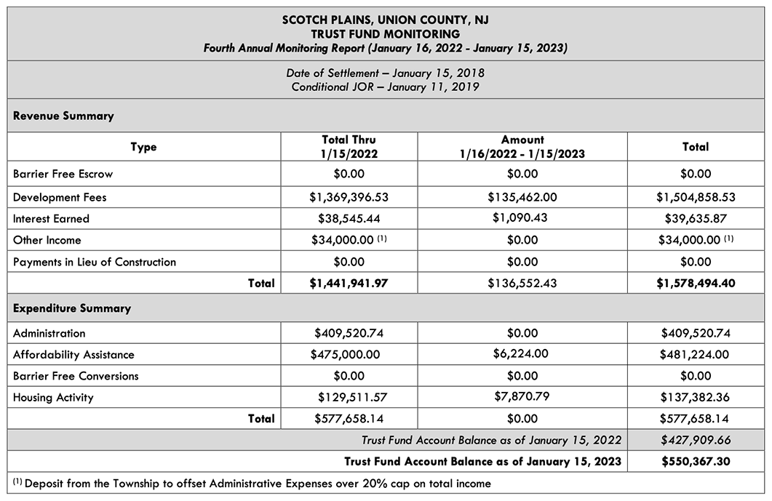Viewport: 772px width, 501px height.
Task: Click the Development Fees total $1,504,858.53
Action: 696,197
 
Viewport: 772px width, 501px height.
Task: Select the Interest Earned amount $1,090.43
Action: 522,218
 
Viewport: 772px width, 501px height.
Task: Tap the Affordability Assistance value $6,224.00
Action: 522,354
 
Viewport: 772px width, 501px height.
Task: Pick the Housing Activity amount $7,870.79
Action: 522,397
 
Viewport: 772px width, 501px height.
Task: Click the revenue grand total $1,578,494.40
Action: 696,283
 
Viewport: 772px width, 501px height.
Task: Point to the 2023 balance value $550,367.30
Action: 696,461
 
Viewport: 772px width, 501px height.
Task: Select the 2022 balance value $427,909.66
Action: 696,440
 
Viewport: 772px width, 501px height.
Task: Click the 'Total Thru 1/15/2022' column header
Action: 349,146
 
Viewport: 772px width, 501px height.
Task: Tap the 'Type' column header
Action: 143,147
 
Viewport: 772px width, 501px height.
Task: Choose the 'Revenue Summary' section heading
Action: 63,116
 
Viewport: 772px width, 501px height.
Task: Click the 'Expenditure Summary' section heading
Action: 72,308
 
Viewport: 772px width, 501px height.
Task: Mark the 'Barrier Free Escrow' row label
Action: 63,175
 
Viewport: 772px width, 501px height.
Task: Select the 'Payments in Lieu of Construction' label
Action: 95,262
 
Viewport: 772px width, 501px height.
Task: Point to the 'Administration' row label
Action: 49,333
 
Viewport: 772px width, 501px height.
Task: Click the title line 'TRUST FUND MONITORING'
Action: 386,34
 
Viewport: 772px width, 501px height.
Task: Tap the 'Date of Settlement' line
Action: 386,73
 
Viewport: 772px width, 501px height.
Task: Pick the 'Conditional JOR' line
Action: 386,87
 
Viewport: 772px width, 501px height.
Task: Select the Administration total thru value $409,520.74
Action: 349,333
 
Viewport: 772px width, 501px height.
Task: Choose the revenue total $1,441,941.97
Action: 349,283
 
